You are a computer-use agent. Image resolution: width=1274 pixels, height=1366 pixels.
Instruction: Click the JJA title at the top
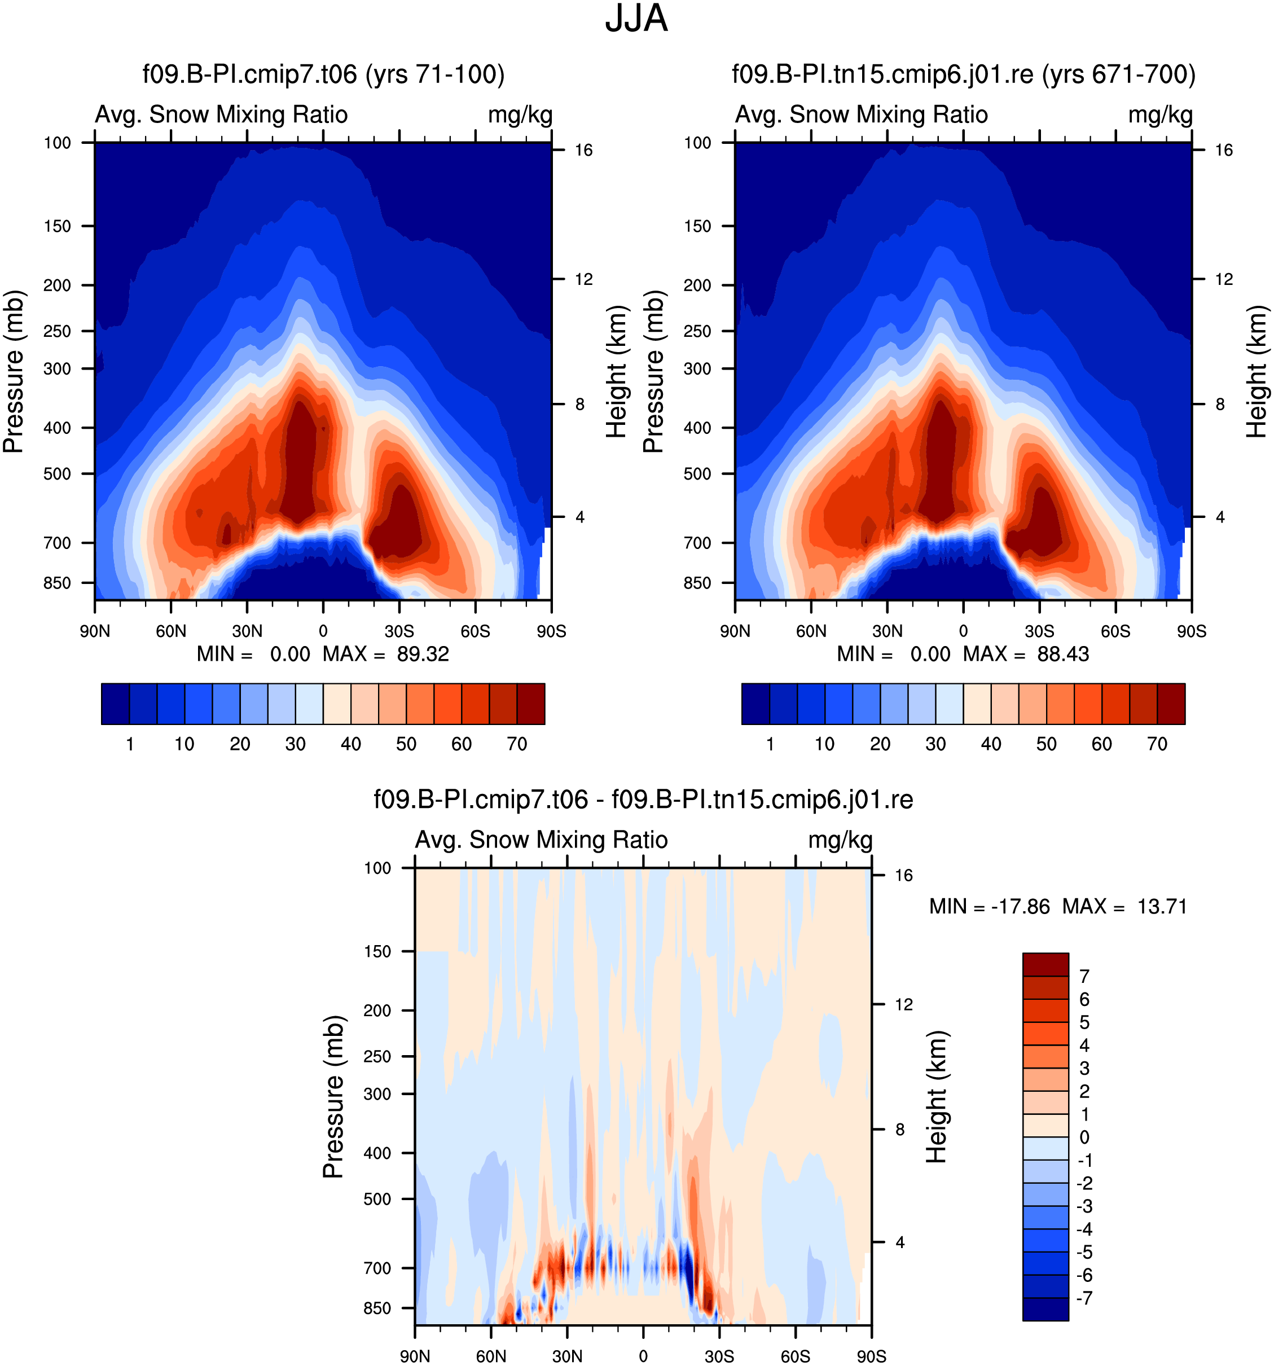[x=636, y=19]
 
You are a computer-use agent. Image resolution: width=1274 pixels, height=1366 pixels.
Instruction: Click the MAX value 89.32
[x=423, y=653]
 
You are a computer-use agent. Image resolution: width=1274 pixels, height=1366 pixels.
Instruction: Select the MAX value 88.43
[x=1063, y=653]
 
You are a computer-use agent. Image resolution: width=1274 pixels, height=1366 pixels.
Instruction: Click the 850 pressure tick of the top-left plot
[x=57, y=583]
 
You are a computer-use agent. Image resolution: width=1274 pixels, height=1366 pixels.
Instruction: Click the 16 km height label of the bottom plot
[x=904, y=875]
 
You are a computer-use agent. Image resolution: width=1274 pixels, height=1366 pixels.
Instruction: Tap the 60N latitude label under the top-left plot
[x=170, y=631]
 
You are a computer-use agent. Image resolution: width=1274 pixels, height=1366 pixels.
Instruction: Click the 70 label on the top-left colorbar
[x=517, y=744]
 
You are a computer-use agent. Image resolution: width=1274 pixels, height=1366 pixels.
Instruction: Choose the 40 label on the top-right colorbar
[x=991, y=744]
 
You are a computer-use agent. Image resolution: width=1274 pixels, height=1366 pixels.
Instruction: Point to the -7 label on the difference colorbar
[x=1085, y=1297]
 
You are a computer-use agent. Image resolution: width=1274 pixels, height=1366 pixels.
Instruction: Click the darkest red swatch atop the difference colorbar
[x=1045, y=964]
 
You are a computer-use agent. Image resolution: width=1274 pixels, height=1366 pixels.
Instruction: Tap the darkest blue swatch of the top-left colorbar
[x=116, y=704]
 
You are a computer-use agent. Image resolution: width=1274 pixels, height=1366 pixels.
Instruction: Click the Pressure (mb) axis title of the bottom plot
[x=333, y=1097]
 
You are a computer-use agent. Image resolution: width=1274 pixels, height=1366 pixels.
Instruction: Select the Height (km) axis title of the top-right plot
[x=1257, y=372]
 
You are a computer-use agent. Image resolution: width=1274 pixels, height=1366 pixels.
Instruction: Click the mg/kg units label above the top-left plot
[x=520, y=115]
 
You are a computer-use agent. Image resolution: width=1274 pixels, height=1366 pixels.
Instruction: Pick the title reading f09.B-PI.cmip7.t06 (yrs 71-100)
[x=324, y=74]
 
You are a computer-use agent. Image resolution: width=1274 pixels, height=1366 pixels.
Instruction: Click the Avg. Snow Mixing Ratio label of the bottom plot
[x=542, y=840]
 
